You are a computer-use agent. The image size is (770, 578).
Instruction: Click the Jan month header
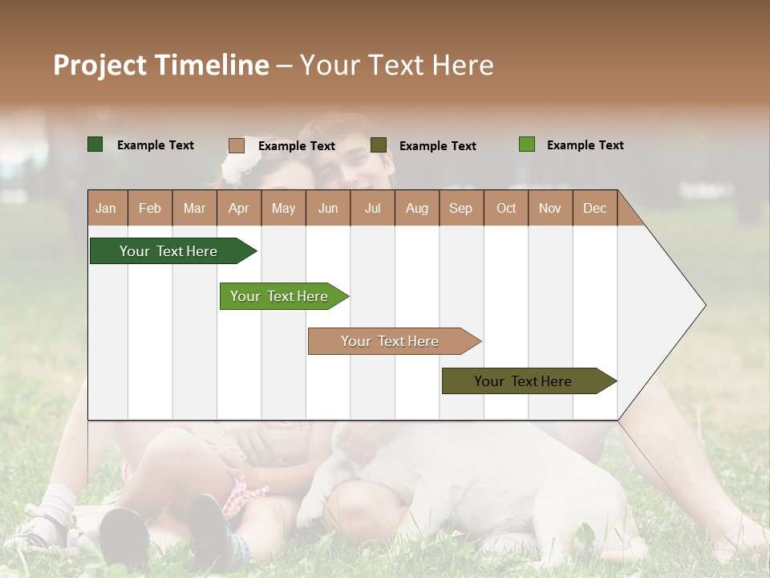[x=106, y=208]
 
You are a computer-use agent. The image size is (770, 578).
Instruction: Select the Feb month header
[x=150, y=208]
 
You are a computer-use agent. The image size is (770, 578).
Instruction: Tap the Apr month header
[x=238, y=208]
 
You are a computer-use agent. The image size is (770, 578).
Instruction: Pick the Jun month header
[x=328, y=208]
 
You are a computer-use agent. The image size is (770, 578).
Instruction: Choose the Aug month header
[x=416, y=208]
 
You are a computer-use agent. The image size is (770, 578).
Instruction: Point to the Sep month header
[x=460, y=208]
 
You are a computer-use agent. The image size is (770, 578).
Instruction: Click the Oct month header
[x=506, y=208]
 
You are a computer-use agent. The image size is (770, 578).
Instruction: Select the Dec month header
[x=594, y=208]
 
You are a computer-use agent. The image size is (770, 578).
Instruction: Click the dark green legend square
[x=95, y=144]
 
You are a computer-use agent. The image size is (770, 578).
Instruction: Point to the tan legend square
[x=237, y=145]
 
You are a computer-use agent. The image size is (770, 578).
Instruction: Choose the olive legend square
[x=379, y=145]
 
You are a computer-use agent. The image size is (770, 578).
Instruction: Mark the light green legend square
[x=526, y=144]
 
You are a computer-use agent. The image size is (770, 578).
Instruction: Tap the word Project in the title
[x=99, y=65]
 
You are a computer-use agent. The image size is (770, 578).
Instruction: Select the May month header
[x=283, y=208]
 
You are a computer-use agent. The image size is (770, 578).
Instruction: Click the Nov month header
[x=550, y=208]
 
